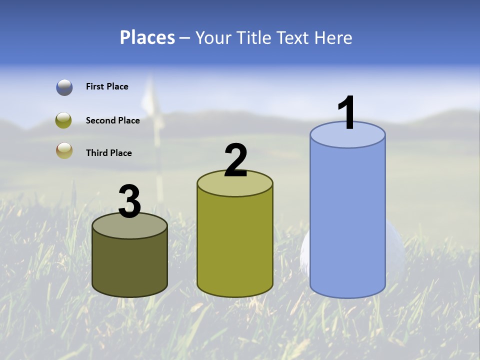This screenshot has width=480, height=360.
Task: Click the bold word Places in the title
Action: coord(147,37)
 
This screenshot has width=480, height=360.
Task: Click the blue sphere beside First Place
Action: coord(64,87)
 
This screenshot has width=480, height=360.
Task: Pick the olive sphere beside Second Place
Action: coord(64,120)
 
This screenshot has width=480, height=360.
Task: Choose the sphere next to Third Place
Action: coord(64,151)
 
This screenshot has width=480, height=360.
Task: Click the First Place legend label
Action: coord(107,86)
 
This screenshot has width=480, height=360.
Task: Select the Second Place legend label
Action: coord(112,120)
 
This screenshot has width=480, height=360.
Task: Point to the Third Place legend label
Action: coord(108,153)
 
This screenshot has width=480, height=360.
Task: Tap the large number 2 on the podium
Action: coord(235,160)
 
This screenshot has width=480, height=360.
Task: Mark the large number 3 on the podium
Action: coord(129,202)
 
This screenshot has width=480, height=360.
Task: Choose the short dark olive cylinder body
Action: coord(129,265)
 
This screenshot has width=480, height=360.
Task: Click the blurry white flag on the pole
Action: coord(150,97)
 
